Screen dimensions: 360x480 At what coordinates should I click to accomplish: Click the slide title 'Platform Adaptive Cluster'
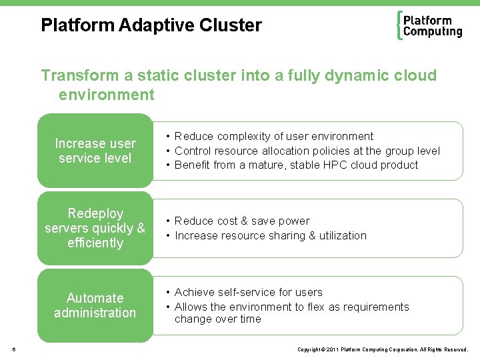click(151, 26)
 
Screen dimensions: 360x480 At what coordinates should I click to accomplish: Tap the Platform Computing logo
click(429, 26)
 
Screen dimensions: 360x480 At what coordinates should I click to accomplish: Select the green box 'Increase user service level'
click(95, 151)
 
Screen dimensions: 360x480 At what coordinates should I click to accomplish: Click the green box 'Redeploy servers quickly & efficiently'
click(95, 228)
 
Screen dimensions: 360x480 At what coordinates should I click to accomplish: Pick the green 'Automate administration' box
click(95, 305)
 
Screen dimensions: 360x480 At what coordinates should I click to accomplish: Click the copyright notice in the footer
click(383, 349)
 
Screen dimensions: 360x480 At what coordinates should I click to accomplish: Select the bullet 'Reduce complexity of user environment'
click(273, 137)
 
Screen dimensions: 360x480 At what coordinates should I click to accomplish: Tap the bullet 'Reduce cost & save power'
click(242, 221)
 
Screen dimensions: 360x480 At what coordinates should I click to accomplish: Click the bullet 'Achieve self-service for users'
click(248, 292)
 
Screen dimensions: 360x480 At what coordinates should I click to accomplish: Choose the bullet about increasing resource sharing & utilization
click(270, 235)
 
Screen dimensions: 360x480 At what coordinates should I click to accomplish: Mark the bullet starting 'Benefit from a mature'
click(296, 165)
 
